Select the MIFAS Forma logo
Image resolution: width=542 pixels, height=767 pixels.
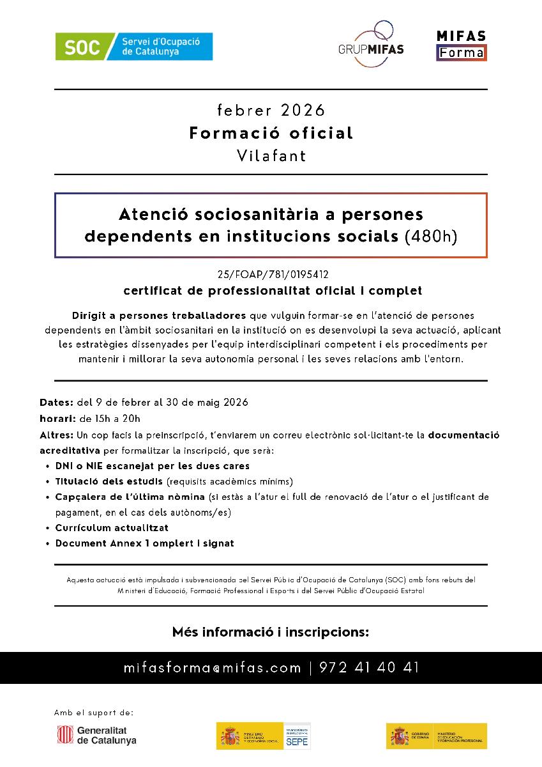(x=461, y=45)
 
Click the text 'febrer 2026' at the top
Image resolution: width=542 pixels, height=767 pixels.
(x=271, y=111)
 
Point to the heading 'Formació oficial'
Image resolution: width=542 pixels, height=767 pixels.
(x=271, y=133)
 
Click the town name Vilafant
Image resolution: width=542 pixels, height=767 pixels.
(x=271, y=155)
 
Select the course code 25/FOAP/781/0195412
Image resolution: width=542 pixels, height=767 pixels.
(x=271, y=275)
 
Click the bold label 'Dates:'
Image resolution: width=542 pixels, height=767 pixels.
(x=56, y=403)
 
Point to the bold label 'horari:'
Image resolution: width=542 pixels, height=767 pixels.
(x=57, y=419)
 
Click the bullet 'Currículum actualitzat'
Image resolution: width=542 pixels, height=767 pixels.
(x=112, y=528)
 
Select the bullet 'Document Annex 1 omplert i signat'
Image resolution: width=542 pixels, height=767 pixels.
(x=144, y=543)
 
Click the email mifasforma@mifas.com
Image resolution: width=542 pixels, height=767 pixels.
(x=213, y=668)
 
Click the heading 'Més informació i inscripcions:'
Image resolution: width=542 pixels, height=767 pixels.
(x=271, y=632)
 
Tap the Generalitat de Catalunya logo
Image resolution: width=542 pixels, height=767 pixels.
(x=97, y=736)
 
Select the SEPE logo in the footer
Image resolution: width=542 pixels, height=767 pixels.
(x=297, y=736)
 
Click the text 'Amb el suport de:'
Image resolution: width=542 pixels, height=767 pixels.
(x=94, y=712)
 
